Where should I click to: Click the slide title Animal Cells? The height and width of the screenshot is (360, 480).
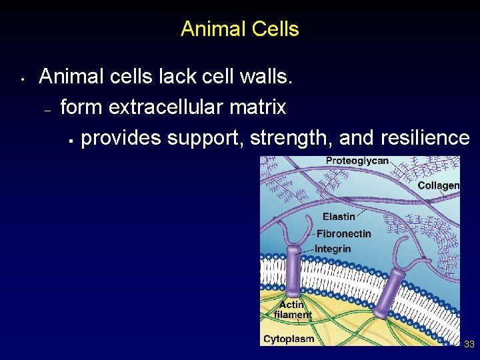tap(239, 29)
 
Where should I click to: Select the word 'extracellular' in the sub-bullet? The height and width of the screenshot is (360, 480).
tap(172, 107)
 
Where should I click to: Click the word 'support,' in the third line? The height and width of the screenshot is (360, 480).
tap(206, 137)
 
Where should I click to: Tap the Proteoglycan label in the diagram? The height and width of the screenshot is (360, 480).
tap(357, 161)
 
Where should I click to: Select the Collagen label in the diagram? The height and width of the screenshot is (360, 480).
tap(438, 185)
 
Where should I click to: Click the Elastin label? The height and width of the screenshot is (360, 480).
tap(339, 217)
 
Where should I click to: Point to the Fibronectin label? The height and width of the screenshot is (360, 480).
tap(343, 234)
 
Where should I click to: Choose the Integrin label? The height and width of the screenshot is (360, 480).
tap(332, 249)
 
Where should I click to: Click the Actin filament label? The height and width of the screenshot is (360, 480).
tap(293, 310)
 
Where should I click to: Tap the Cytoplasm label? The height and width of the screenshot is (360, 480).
tap(288, 339)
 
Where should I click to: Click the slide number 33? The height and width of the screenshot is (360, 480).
tap(469, 344)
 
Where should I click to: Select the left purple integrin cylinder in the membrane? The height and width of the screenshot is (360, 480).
tap(293, 273)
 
